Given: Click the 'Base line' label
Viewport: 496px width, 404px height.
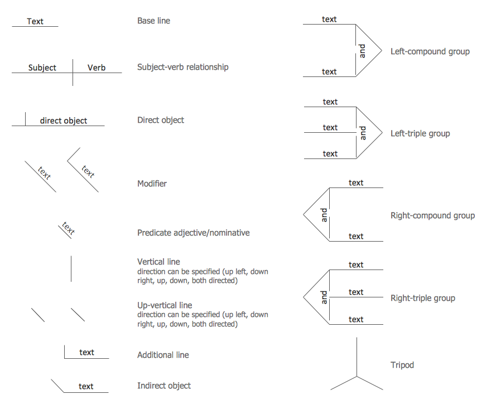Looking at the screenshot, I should pos(153,21).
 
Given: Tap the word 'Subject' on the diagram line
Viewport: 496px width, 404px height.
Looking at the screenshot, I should pos(42,68).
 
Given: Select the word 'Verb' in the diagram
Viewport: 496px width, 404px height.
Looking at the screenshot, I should pos(97,68).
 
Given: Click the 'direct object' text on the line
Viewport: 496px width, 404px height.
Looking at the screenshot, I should pos(64,121).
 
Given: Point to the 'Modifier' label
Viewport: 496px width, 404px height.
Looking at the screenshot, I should pos(152,184).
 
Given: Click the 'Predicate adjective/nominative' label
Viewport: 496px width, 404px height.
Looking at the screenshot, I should pos(193,233).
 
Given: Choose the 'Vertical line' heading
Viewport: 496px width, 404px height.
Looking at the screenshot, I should pos(158,262).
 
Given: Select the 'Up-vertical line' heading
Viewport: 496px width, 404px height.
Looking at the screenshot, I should pos(165,305).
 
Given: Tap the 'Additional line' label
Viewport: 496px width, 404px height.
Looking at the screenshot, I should pos(163,355).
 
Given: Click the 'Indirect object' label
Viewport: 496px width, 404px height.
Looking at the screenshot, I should pos(164,386).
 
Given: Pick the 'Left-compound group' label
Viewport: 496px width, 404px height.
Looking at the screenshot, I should pos(430,51).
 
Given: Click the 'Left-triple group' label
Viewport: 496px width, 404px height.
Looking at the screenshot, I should pos(420,133).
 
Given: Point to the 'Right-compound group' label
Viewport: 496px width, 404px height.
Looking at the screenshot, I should pos(433,215).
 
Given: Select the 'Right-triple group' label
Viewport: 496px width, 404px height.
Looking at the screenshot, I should pos(423,298).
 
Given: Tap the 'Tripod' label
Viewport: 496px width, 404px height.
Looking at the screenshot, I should pos(402,365).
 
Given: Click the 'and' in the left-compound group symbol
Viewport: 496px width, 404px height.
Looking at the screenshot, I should pos(363,51).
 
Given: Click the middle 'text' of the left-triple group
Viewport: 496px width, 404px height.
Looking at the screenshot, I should pos(330,128).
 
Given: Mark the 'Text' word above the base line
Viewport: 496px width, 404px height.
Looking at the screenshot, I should pos(35,21).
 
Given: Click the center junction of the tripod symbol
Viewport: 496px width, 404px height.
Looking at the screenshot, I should pos(357,376).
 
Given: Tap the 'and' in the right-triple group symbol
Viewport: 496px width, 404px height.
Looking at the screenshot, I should pos(324,297).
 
